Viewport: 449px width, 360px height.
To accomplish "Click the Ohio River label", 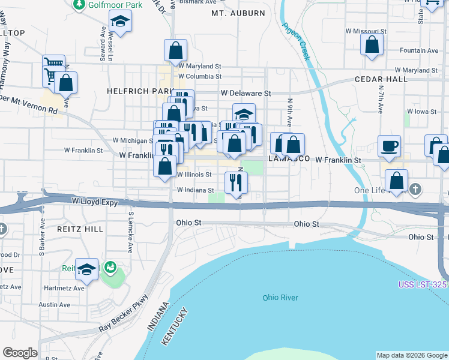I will (x=280, y=298).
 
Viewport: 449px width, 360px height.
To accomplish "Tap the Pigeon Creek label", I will (x=296, y=41).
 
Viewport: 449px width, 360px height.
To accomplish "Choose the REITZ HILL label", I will (x=77, y=229).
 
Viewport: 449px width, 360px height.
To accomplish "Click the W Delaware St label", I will (x=246, y=94).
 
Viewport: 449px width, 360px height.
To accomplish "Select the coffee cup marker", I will (x=389, y=146).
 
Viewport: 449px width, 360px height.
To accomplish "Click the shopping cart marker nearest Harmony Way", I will (x=54, y=64).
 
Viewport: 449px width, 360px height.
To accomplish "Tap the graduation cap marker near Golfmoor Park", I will (x=120, y=22).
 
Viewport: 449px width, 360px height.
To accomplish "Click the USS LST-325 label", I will (x=423, y=284).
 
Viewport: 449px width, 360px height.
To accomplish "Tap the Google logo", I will (x=20, y=353).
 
